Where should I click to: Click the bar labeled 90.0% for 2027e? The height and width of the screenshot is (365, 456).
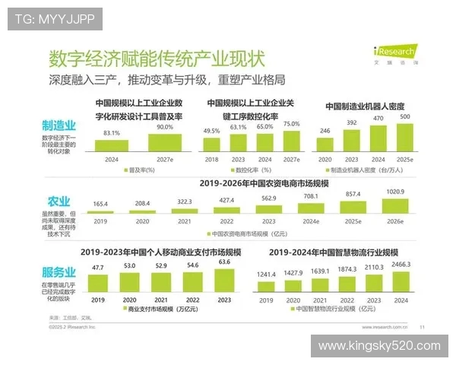pyautogui.click(x=164, y=142)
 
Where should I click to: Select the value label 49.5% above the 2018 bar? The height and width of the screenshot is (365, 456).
pyautogui.click(x=211, y=131)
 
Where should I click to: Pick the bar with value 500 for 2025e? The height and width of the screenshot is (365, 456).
pyautogui.click(x=405, y=137)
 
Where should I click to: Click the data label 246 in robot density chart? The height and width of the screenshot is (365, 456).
pyautogui.click(x=325, y=131)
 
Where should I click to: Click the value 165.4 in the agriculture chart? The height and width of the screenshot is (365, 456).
pyautogui.click(x=101, y=204)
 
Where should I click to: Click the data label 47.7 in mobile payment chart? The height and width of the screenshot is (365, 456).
pyautogui.click(x=97, y=268)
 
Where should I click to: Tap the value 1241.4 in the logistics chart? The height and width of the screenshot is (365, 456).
pyautogui.click(x=265, y=275)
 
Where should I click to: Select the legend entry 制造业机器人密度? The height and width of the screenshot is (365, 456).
pyautogui.click(x=366, y=170)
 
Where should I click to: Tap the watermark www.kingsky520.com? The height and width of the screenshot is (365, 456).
pyautogui.click(x=379, y=346)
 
